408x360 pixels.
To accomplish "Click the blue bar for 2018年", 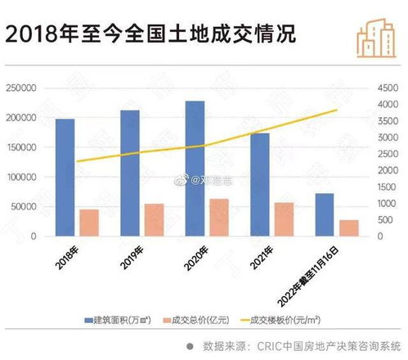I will (x=65, y=178).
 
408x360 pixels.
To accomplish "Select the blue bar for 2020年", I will (x=195, y=169).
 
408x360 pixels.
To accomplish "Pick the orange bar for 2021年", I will (x=284, y=219).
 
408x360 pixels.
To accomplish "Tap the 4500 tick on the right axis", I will (x=385, y=88).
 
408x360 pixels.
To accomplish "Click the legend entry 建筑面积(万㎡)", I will (x=120, y=319).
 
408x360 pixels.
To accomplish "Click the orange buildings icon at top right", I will (x=376, y=34).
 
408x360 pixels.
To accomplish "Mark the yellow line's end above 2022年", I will (x=336, y=110).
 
